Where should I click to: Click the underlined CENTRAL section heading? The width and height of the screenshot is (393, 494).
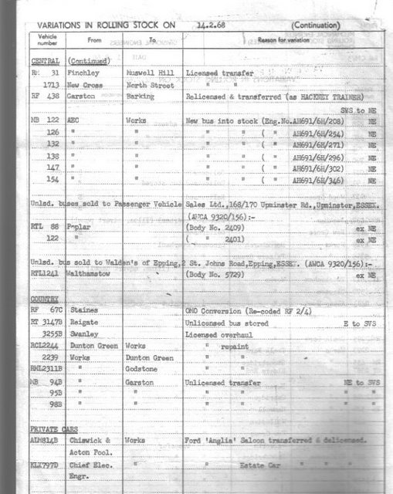click(45, 59)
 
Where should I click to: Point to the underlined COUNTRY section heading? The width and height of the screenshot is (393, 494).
click(45, 298)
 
